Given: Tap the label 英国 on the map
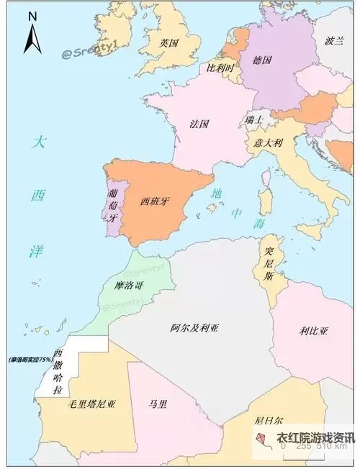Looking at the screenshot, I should click(169, 43).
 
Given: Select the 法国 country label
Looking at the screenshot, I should click(199, 124).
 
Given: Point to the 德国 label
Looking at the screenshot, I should click(262, 60).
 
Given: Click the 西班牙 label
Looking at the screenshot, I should click(155, 201).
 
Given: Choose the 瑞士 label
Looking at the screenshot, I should click(254, 119).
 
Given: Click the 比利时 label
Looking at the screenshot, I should click(220, 68).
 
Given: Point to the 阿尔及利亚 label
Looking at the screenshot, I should click(194, 328).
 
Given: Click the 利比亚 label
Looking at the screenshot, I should click(314, 331).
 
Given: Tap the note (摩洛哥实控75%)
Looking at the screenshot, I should click(31, 359).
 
